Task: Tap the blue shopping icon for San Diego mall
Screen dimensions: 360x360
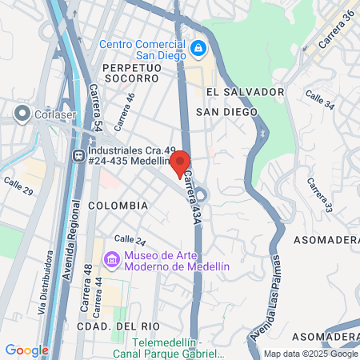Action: click(197, 50)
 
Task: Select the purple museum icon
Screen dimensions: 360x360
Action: click(111, 259)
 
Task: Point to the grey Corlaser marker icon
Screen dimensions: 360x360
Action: click(22, 114)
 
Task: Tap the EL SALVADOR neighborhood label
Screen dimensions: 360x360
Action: click(243, 92)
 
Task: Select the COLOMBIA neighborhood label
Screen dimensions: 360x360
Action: click(118, 206)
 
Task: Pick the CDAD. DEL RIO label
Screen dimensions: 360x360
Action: click(118, 326)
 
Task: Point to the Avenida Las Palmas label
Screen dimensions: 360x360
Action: click(266, 297)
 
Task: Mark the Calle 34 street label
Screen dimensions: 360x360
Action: click(319, 101)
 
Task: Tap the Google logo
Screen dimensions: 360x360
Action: click(26, 350)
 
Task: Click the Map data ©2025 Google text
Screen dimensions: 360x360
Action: click(310, 354)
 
